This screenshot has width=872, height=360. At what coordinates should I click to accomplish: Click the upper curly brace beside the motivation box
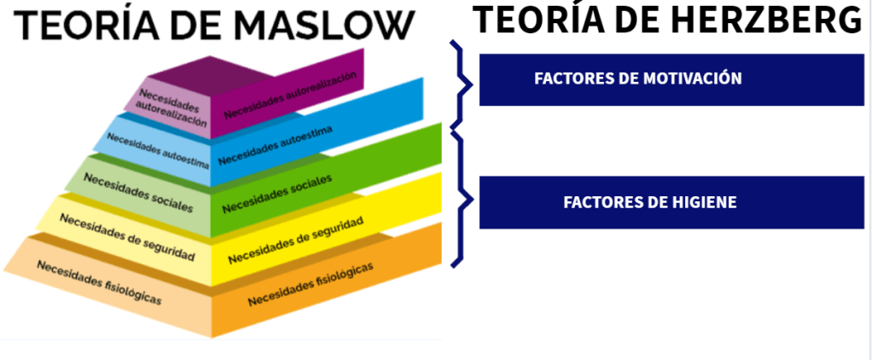tap(462, 83)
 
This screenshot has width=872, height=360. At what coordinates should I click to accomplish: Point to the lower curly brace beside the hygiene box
tap(462, 200)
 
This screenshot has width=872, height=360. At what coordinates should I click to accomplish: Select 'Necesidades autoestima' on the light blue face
tap(158, 150)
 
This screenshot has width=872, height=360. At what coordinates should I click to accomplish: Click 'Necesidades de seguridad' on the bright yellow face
tap(295, 241)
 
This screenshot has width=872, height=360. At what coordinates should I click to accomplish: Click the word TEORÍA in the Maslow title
tap(84, 26)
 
